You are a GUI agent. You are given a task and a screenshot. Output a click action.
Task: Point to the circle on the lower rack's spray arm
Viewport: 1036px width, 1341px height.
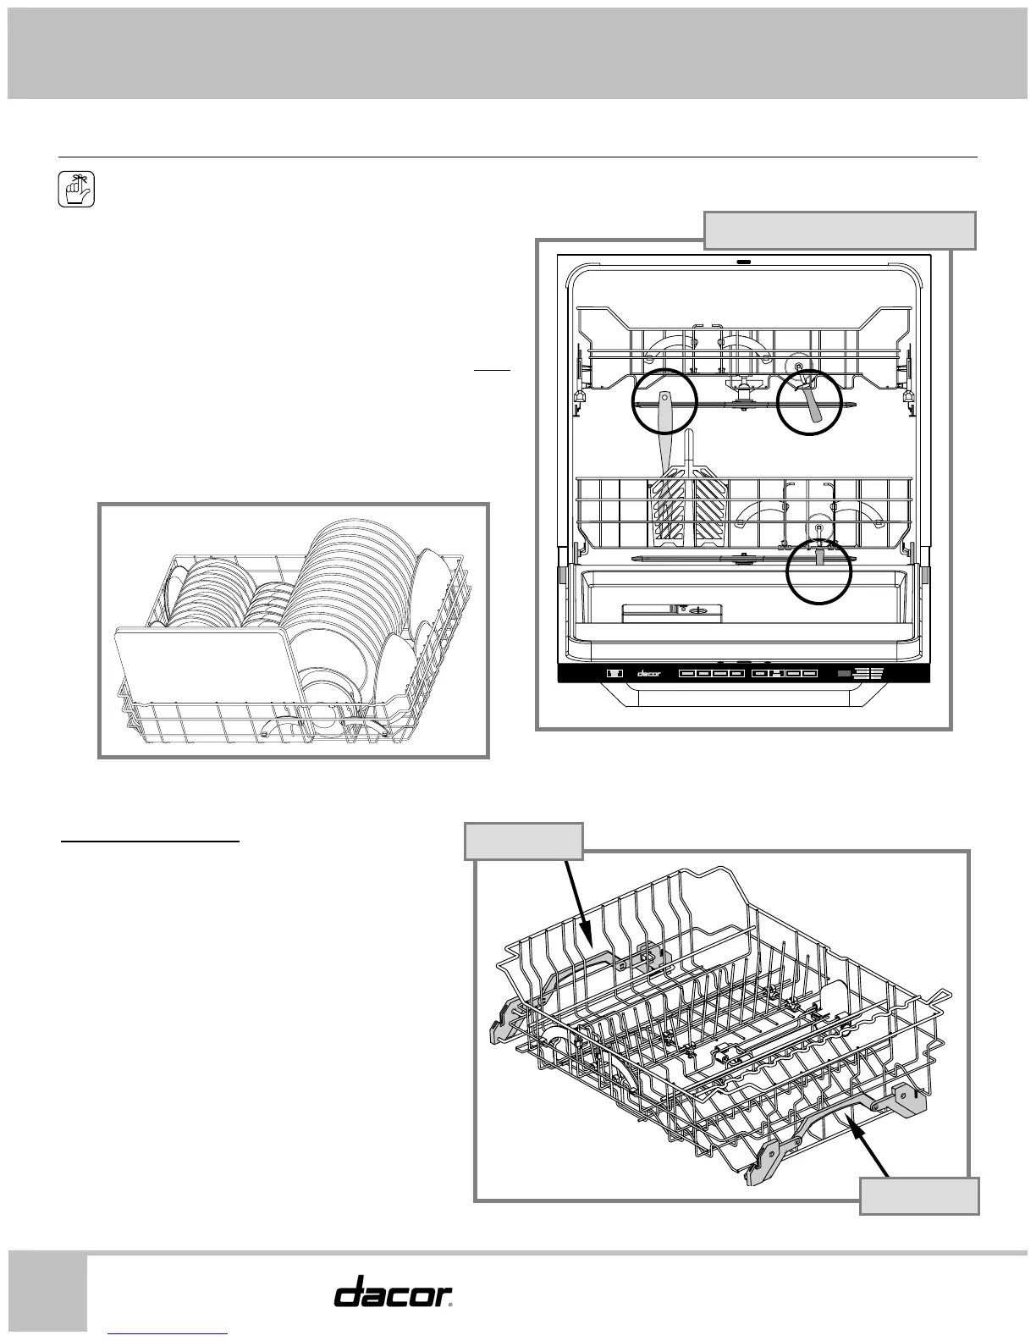click(x=818, y=571)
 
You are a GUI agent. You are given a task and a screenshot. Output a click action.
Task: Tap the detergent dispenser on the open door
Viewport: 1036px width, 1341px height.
click(x=673, y=612)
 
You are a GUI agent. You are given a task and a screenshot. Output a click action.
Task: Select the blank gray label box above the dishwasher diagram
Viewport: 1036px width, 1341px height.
click(x=840, y=230)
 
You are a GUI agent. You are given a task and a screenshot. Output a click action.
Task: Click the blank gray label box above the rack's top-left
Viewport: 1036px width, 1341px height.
click(x=525, y=841)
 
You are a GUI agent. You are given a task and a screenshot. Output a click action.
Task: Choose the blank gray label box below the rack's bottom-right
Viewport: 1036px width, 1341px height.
click(x=919, y=1195)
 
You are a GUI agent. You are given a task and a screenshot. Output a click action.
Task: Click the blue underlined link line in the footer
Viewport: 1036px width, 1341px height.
click(x=168, y=1334)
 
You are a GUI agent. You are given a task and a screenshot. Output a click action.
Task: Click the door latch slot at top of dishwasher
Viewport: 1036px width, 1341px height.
click(x=745, y=262)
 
